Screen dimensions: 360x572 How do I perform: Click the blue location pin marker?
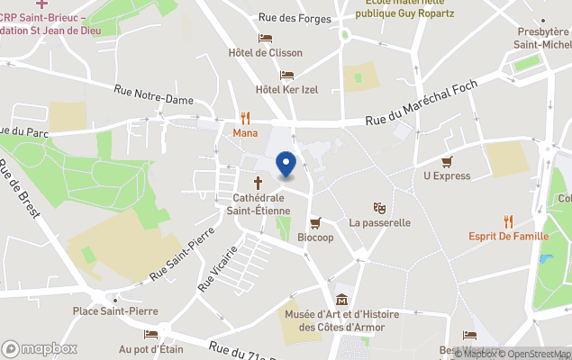(x=286, y=165)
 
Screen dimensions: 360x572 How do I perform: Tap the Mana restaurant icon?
(x=244, y=117)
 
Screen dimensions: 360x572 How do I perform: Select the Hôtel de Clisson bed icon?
(x=265, y=38)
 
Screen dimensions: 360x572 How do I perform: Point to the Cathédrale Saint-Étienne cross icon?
(x=258, y=183)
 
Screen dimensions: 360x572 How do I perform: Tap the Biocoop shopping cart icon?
(x=315, y=223)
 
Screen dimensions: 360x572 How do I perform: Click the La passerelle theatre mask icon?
(x=379, y=207)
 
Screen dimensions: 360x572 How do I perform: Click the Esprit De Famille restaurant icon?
(x=508, y=221)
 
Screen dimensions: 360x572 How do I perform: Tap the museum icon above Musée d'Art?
(x=341, y=300)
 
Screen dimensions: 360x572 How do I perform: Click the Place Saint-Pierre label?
(x=112, y=311)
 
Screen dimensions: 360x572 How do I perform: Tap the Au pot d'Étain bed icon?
(x=150, y=334)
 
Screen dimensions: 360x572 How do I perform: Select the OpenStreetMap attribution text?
(x=533, y=354)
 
